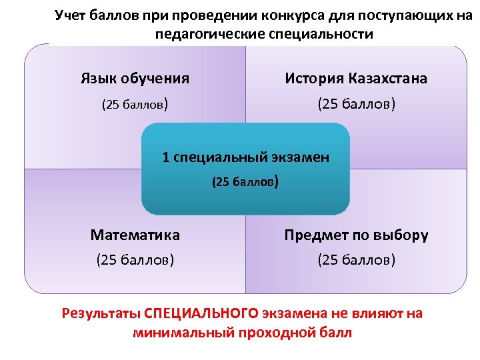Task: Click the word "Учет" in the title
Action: tap(69, 15)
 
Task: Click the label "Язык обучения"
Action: tap(135, 79)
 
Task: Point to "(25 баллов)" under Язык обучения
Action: tap(134, 105)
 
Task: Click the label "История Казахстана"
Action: tap(356, 79)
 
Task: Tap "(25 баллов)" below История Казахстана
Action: tap(356, 105)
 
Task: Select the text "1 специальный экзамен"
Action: tap(245, 158)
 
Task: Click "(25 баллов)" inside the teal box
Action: tap(245, 181)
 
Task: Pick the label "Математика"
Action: tap(135, 235)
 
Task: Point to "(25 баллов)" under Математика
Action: tap(135, 259)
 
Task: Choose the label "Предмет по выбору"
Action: tap(356, 235)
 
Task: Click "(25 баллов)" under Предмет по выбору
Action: tap(356, 259)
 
